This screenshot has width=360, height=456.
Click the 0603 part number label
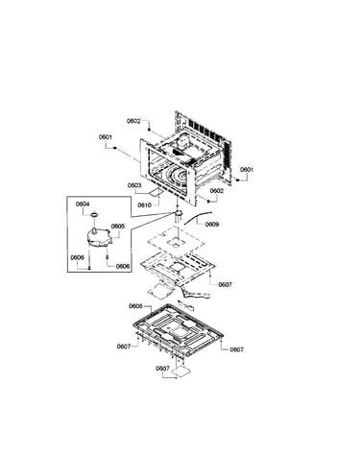[x=134, y=185]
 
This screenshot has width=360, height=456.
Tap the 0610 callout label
[x=144, y=205]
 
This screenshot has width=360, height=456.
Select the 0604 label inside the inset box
[x=83, y=204]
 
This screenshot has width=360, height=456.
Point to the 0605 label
[x=118, y=227]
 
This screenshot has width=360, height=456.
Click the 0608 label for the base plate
[x=135, y=306]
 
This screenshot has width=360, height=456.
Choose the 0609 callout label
[x=212, y=225]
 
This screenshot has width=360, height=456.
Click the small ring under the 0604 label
[x=94, y=214]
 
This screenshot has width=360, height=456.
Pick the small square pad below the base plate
[x=181, y=372]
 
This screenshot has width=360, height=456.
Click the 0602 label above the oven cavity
[x=133, y=121]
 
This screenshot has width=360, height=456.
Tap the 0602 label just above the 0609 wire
[x=217, y=191]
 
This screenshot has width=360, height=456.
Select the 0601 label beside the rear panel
[x=247, y=170]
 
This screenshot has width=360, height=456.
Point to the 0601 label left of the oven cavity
[x=106, y=137]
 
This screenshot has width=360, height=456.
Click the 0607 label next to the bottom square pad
[x=162, y=369]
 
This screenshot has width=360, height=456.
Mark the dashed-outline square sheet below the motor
[x=176, y=243]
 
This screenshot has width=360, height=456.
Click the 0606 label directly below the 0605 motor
[x=123, y=266]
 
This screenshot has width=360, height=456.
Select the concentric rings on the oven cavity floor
[x=177, y=176]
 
